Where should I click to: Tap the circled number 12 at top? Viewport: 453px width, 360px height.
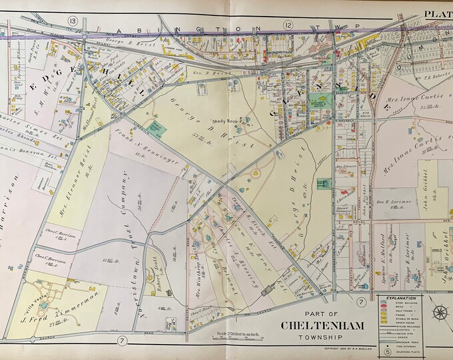288,24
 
